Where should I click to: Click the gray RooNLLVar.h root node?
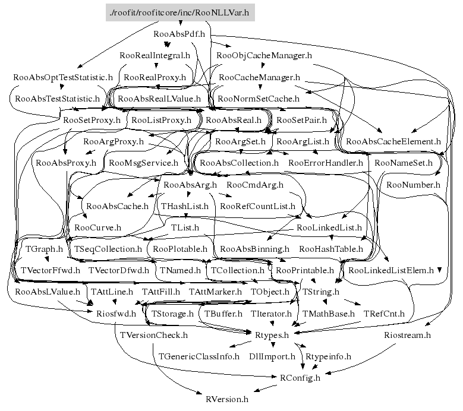pos(180,11)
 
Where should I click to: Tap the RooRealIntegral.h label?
pos(155,56)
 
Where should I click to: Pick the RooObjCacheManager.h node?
pos(264,56)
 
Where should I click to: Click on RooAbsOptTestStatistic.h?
pos(63,77)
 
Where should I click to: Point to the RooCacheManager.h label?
pos(259,77)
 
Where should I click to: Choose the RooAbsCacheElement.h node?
pos(393,141)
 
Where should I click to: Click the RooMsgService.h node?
pos(143,162)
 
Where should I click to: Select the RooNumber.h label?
pos(413,185)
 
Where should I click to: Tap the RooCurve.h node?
pos(97,227)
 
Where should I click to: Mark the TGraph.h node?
pos(40,249)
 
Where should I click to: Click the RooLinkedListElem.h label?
pos(391,270)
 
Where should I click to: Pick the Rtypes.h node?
pos(272,336)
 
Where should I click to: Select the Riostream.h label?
pos(407,336)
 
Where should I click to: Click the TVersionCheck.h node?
pos(153,336)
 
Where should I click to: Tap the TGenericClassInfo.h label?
pos(199,356)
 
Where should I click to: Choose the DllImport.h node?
pos(272,356)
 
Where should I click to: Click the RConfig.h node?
pos(300,378)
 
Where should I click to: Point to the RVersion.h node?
pos(226,399)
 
